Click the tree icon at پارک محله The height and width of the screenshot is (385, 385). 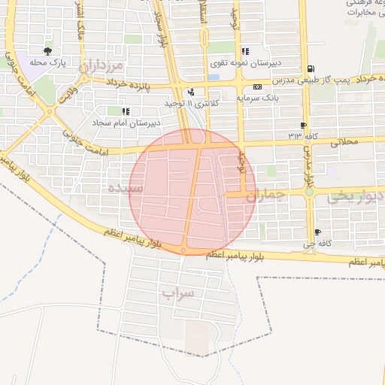(48, 52)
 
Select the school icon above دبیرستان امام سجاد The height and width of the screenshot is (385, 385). (125, 111)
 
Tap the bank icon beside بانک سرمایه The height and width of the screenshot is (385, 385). (257, 87)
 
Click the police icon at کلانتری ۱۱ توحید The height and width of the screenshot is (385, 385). (192, 92)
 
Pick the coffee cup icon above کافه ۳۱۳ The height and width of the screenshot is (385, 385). (303, 126)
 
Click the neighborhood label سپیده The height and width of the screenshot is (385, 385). (126, 186)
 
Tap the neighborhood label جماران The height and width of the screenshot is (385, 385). (266, 196)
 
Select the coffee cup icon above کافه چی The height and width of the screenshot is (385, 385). (317, 232)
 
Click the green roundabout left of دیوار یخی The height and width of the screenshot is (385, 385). (309, 192)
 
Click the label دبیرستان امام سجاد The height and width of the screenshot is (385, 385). (126, 122)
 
